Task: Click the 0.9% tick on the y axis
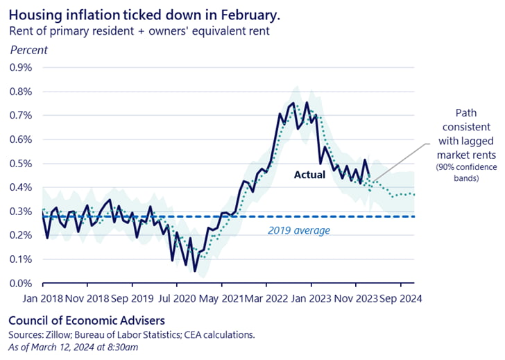20,68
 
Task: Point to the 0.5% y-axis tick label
20,164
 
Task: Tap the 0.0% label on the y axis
20,284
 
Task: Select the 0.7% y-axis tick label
20,116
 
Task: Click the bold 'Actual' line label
309,175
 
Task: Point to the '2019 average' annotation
298,230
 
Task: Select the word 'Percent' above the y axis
28,50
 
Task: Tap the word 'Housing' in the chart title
32,14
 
